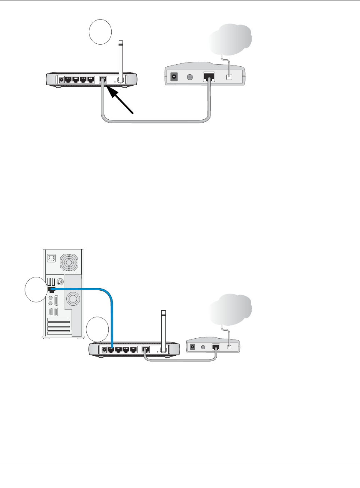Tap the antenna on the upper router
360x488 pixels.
tap(121, 58)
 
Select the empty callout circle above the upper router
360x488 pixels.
tap(100, 32)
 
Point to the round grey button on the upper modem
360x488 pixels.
tap(190, 77)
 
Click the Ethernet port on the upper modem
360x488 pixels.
tap(209, 77)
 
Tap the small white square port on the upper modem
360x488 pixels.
tap(228, 77)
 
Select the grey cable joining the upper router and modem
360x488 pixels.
tap(154, 121)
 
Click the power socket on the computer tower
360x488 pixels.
tap(51, 259)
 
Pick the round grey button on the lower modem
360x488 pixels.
tap(203, 347)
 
